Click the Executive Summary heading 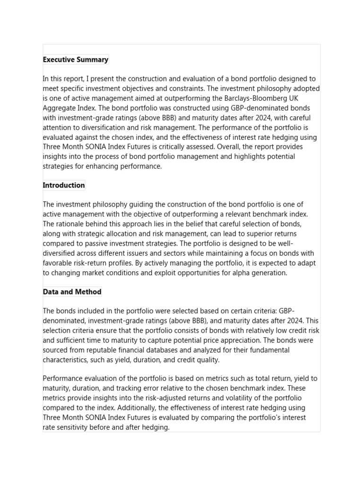(x=76, y=60)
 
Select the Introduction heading (x=64, y=185)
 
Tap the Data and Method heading (x=72, y=292)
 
